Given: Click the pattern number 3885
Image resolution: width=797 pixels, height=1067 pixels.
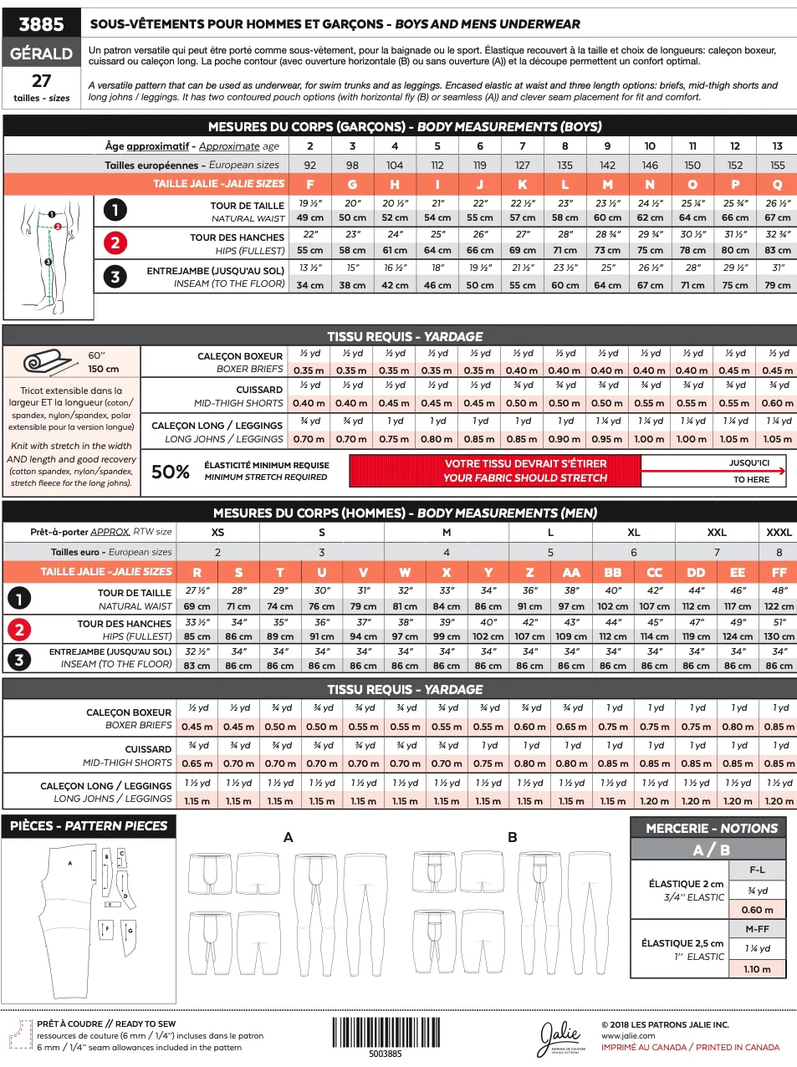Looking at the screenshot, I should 41,23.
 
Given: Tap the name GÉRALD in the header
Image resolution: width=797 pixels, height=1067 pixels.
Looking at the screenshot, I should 41,54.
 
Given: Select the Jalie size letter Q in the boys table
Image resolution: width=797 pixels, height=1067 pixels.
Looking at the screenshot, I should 777,184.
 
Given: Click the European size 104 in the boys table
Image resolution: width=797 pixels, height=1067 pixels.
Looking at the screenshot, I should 395,165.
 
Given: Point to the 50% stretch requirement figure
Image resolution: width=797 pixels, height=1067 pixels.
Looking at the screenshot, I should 170,472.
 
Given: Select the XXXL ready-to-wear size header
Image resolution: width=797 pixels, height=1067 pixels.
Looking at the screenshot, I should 779,532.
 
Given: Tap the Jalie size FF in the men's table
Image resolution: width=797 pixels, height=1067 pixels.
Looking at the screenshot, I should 779,572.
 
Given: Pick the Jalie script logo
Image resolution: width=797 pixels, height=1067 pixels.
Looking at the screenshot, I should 560,1037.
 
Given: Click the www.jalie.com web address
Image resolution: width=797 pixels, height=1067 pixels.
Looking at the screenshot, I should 628,1036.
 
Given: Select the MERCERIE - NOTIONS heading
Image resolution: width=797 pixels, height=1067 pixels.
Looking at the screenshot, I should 712,828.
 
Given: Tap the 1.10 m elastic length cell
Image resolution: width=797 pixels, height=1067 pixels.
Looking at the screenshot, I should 758,969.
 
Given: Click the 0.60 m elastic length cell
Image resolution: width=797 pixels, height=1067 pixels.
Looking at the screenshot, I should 758,910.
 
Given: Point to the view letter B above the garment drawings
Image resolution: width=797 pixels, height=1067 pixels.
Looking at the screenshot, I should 512,837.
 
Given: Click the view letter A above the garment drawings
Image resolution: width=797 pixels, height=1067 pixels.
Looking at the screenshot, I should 289,837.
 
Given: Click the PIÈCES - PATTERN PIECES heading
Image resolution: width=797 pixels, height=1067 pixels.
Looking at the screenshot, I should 89,826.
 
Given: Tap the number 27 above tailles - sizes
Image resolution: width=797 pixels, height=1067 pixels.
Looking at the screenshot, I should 41,81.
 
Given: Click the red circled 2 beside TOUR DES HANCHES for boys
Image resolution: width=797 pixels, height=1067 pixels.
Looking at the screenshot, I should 115,243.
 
